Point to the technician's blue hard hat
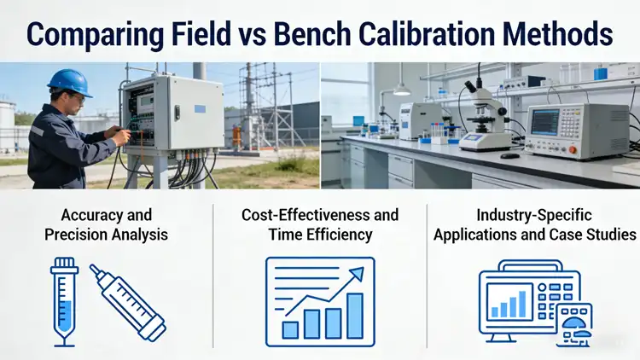69,83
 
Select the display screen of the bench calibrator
543,122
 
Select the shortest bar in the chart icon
290,328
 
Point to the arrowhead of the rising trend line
358,273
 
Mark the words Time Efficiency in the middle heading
320,235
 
